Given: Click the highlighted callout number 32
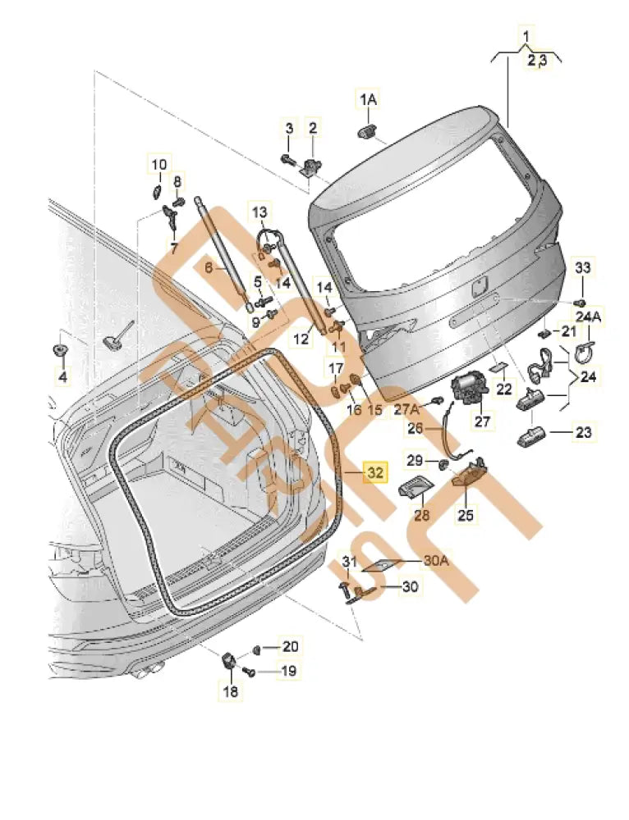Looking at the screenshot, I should [x=374, y=473].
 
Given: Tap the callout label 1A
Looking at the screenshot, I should [x=368, y=99].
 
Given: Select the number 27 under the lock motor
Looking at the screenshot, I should [x=481, y=421].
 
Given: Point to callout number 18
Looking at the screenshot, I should [x=231, y=693].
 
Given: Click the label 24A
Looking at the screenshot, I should [x=588, y=317].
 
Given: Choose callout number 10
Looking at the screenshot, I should [x=157, y=164].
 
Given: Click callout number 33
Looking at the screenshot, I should [x=582, y=268].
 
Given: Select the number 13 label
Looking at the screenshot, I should [x=259, y=212].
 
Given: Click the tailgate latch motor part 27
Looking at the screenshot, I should [x=468, y=389].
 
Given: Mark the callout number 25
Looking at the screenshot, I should [x=466, y=515].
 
